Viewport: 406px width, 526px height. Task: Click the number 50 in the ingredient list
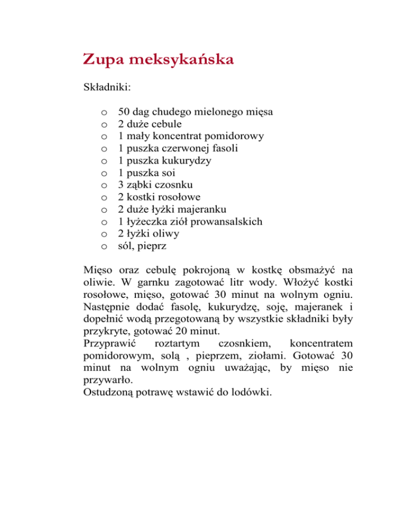pos(125,112)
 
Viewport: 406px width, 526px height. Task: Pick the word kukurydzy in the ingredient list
pos(186,160)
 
